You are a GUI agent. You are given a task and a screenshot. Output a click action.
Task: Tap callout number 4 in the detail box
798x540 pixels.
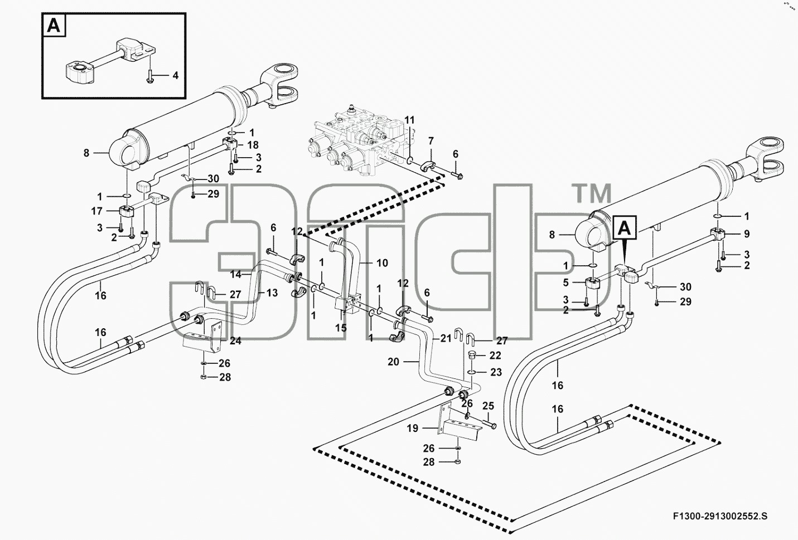tap(175, 75)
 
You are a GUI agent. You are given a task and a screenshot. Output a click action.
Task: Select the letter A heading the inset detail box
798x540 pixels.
tap(54, 26)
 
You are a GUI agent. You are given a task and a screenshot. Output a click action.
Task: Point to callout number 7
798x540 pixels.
tap(431, 141)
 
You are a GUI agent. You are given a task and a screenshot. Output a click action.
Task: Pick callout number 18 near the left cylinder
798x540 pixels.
tap(253, 145)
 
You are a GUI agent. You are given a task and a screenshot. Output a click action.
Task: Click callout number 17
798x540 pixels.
tap(96, 211)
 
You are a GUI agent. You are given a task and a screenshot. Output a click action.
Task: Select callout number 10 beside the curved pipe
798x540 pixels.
tap(382, 263)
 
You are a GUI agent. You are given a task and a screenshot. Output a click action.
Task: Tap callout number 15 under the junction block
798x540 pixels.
tap(341, 328)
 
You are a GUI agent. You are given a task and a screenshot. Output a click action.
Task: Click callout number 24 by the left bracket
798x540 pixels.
tap(235, 340)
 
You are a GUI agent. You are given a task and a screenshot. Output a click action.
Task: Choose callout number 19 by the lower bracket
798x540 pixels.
tap(413, 428)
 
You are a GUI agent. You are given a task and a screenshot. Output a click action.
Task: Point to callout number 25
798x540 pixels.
tap(489, 406)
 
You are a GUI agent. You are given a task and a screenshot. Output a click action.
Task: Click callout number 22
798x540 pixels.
tap(495, 355)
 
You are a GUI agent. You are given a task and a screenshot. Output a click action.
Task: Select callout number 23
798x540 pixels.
tap(496, 372)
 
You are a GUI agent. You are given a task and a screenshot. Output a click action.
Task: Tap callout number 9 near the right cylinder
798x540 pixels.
tap(747, 234)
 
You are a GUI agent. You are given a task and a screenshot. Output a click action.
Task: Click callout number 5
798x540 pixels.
tap(565, 283)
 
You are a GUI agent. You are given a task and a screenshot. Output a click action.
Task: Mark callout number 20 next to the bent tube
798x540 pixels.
tap(394, 362)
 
